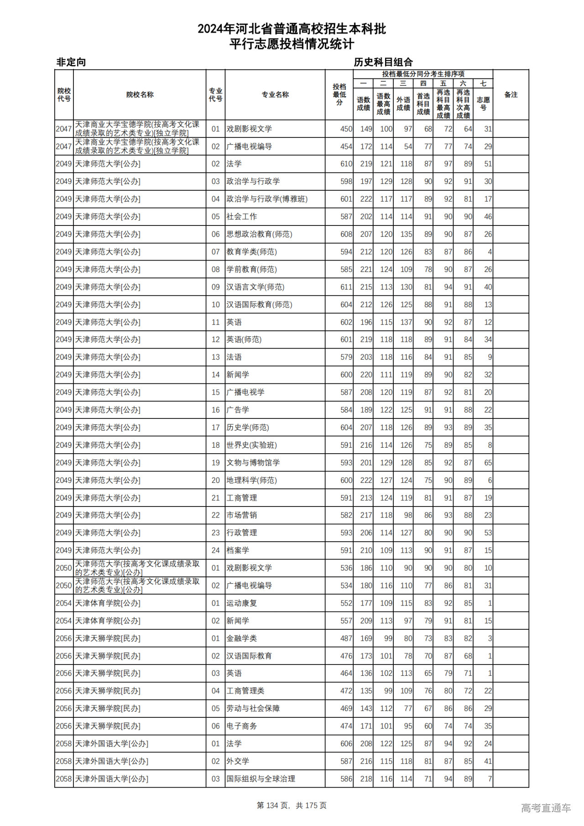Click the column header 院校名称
click(x=140, y=94)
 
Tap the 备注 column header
click(x=511, y=94)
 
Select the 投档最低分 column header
click(x=339, y=94)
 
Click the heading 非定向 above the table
click(x=71, y=62)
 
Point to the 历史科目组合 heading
click(x=383, y=62)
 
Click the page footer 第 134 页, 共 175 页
click(x=292, y=805)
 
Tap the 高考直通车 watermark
click(x=546, y=808)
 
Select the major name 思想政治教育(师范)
click(x=259, y=234)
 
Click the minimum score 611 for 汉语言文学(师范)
click(x=346, y=287)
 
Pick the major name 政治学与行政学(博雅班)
click(x=267, y=199)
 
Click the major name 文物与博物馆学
click(x=253, y=463)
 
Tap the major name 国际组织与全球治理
click(x=261, y=779)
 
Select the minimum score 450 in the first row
click(x=346, y=129)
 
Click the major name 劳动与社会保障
click(x=253, y=709)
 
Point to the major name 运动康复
click(x=242, y=603)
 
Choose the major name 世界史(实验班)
click(x=251, y=445)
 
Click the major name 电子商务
click(x=242, y=726)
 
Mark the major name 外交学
click(x=238, y=761)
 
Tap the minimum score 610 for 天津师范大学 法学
click(x=346, y=164)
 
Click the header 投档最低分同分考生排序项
click(x=423, y=74)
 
